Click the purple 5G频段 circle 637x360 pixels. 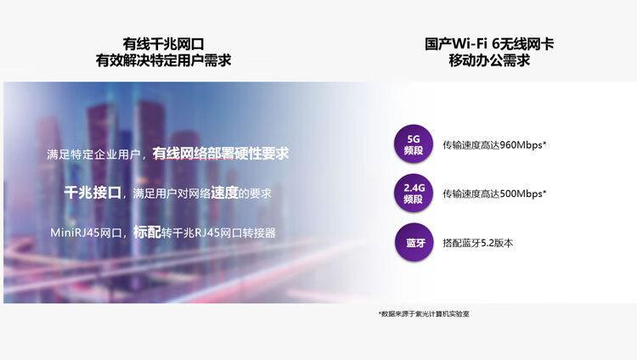(x=413, y=144)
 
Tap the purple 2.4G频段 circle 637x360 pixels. (x=413, y=193)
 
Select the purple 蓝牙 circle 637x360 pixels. (x=414, y=243)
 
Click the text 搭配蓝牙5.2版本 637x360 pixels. (x=477, y=243)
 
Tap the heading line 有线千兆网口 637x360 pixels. (x=163, y=43)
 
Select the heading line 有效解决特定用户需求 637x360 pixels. (x=163, y=60)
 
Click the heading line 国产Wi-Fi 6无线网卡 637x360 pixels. (x=489, y=43)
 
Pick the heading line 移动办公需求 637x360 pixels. (x=489, y=60)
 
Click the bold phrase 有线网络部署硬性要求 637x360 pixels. (x=221, y=154)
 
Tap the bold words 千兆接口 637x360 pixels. (x=93, y=193)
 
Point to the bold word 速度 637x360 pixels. (x=224, y=193)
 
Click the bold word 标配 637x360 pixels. (x=147, y=232)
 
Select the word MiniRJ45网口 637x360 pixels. (x=86, y=233)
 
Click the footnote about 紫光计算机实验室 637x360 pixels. (x=424, y=313)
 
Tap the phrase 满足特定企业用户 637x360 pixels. (x=93, y=155)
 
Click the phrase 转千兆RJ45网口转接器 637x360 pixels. (x=218, y=233)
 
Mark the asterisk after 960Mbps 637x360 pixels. (x=544, y=142)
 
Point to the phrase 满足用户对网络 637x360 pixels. (x=172, y=194)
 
